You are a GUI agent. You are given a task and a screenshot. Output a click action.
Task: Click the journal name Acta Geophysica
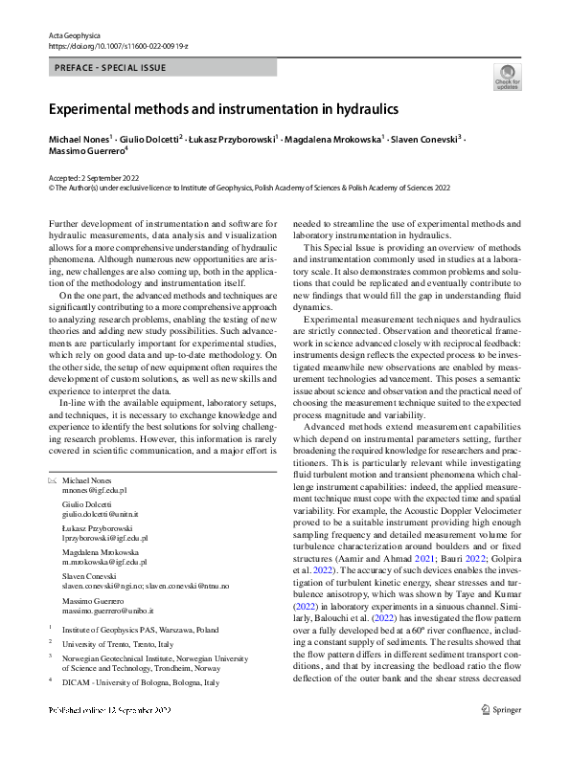pos(74,35)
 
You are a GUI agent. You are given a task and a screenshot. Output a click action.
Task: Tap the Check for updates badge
pos(507,77)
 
